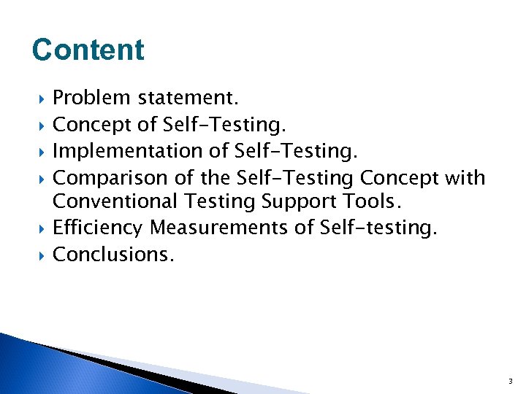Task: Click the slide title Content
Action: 88,50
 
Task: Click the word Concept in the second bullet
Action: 92,125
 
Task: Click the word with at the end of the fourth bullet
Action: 468,177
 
